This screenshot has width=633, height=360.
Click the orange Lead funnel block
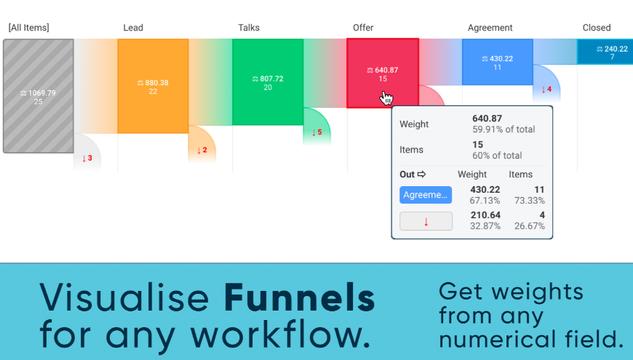pyautogui.click(x=153, y=86)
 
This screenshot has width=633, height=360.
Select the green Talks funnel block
pyautogui.click(x=268, y=82)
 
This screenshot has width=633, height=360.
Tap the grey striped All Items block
pyautogui.click(x=39, y=96)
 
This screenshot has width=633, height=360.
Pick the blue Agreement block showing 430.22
pyautogui.click(x=498, y=62)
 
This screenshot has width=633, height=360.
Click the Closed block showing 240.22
pyautogui.click(x=605, y=52)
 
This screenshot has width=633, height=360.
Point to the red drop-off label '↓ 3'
pyautogui.click(x=87, y=159)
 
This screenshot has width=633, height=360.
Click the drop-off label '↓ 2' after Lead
pyautogui.click(x=202, y=150)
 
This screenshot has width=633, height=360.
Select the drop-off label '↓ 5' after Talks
pyautogui.click(x=317, y=132)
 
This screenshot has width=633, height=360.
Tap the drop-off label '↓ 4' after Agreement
pyautogui.click(x=546, y=89)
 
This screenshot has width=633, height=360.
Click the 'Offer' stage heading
pyautogui.click(x=363, y=28)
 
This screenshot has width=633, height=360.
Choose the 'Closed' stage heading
pyautogui.click(x=597, y=28)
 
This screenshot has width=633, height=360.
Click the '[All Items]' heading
pyautogui.click(x=28, y=28)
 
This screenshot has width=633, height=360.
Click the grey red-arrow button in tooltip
pyautogui.click(x=426, y=221)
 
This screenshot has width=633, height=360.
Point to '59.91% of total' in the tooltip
pyautogui.click(x=503, y=129)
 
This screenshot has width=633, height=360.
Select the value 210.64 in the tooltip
pyautogui.click(x=485, y=215)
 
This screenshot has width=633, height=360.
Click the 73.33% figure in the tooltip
pyautogui.click(x=529, y=201)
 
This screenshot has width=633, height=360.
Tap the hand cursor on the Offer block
pyautogui.click(x=386, y=97)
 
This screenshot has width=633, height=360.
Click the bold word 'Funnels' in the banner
pyautogui.click(x=300, y=298)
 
